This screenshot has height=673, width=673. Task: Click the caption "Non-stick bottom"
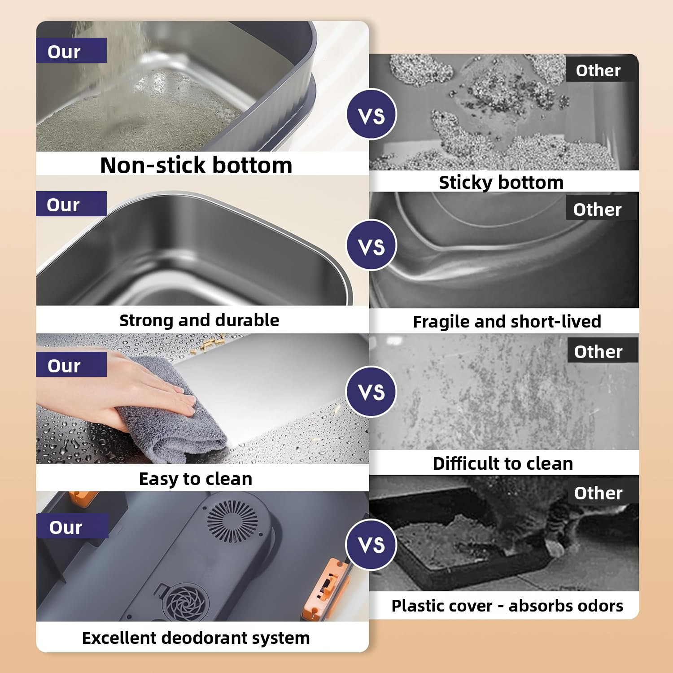pyautogui.click(x=196, y=165)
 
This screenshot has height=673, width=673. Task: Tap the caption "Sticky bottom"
pyautogui.click(x=501, y=183)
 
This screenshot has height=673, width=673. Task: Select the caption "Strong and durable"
pyautogui.click(x=199, y=320)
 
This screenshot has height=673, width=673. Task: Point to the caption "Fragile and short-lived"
pyautogui.click(x=507, y=322)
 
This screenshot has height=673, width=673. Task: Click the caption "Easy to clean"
pyautogui.click(x=196, y=479)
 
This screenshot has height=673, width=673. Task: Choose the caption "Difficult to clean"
pyautogui.click(x=503, y=463)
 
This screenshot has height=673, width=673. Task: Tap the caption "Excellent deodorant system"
pyautogui.click(x=196, y=638)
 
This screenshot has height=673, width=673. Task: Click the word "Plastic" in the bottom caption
pyautogui.click(x=417, y=606)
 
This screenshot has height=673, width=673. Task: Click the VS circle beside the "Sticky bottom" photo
pyautogui.click(x=371, y=115)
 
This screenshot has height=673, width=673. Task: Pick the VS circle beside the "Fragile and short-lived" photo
pyautogui.click(x=371, y=245)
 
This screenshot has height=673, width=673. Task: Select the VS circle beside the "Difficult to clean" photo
pyautogui.click(x=371, y=392)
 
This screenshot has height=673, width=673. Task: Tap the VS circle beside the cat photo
pyautogui.click(x=371, y=544)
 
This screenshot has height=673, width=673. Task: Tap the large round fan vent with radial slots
pyautogui.click(x=232, y=521)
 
